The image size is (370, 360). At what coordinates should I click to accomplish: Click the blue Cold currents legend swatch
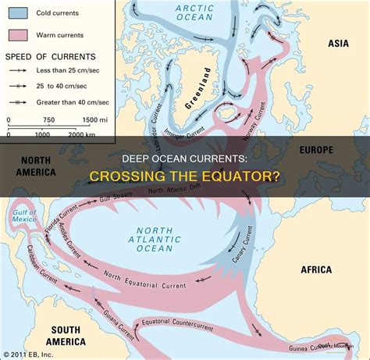coord(17,13)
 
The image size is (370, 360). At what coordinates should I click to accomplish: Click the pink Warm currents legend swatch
coord(17,35)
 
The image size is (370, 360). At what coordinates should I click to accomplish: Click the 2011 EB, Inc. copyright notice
coord(30,352)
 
